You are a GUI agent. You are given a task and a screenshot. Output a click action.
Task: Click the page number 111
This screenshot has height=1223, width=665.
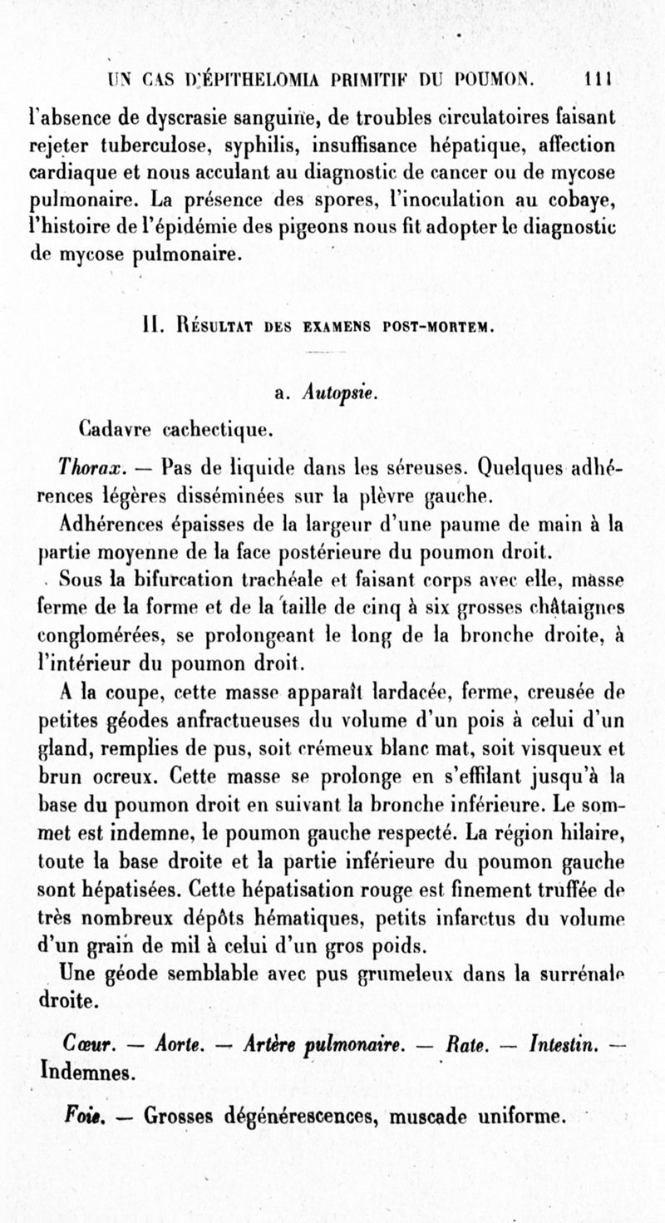point(598,81)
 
